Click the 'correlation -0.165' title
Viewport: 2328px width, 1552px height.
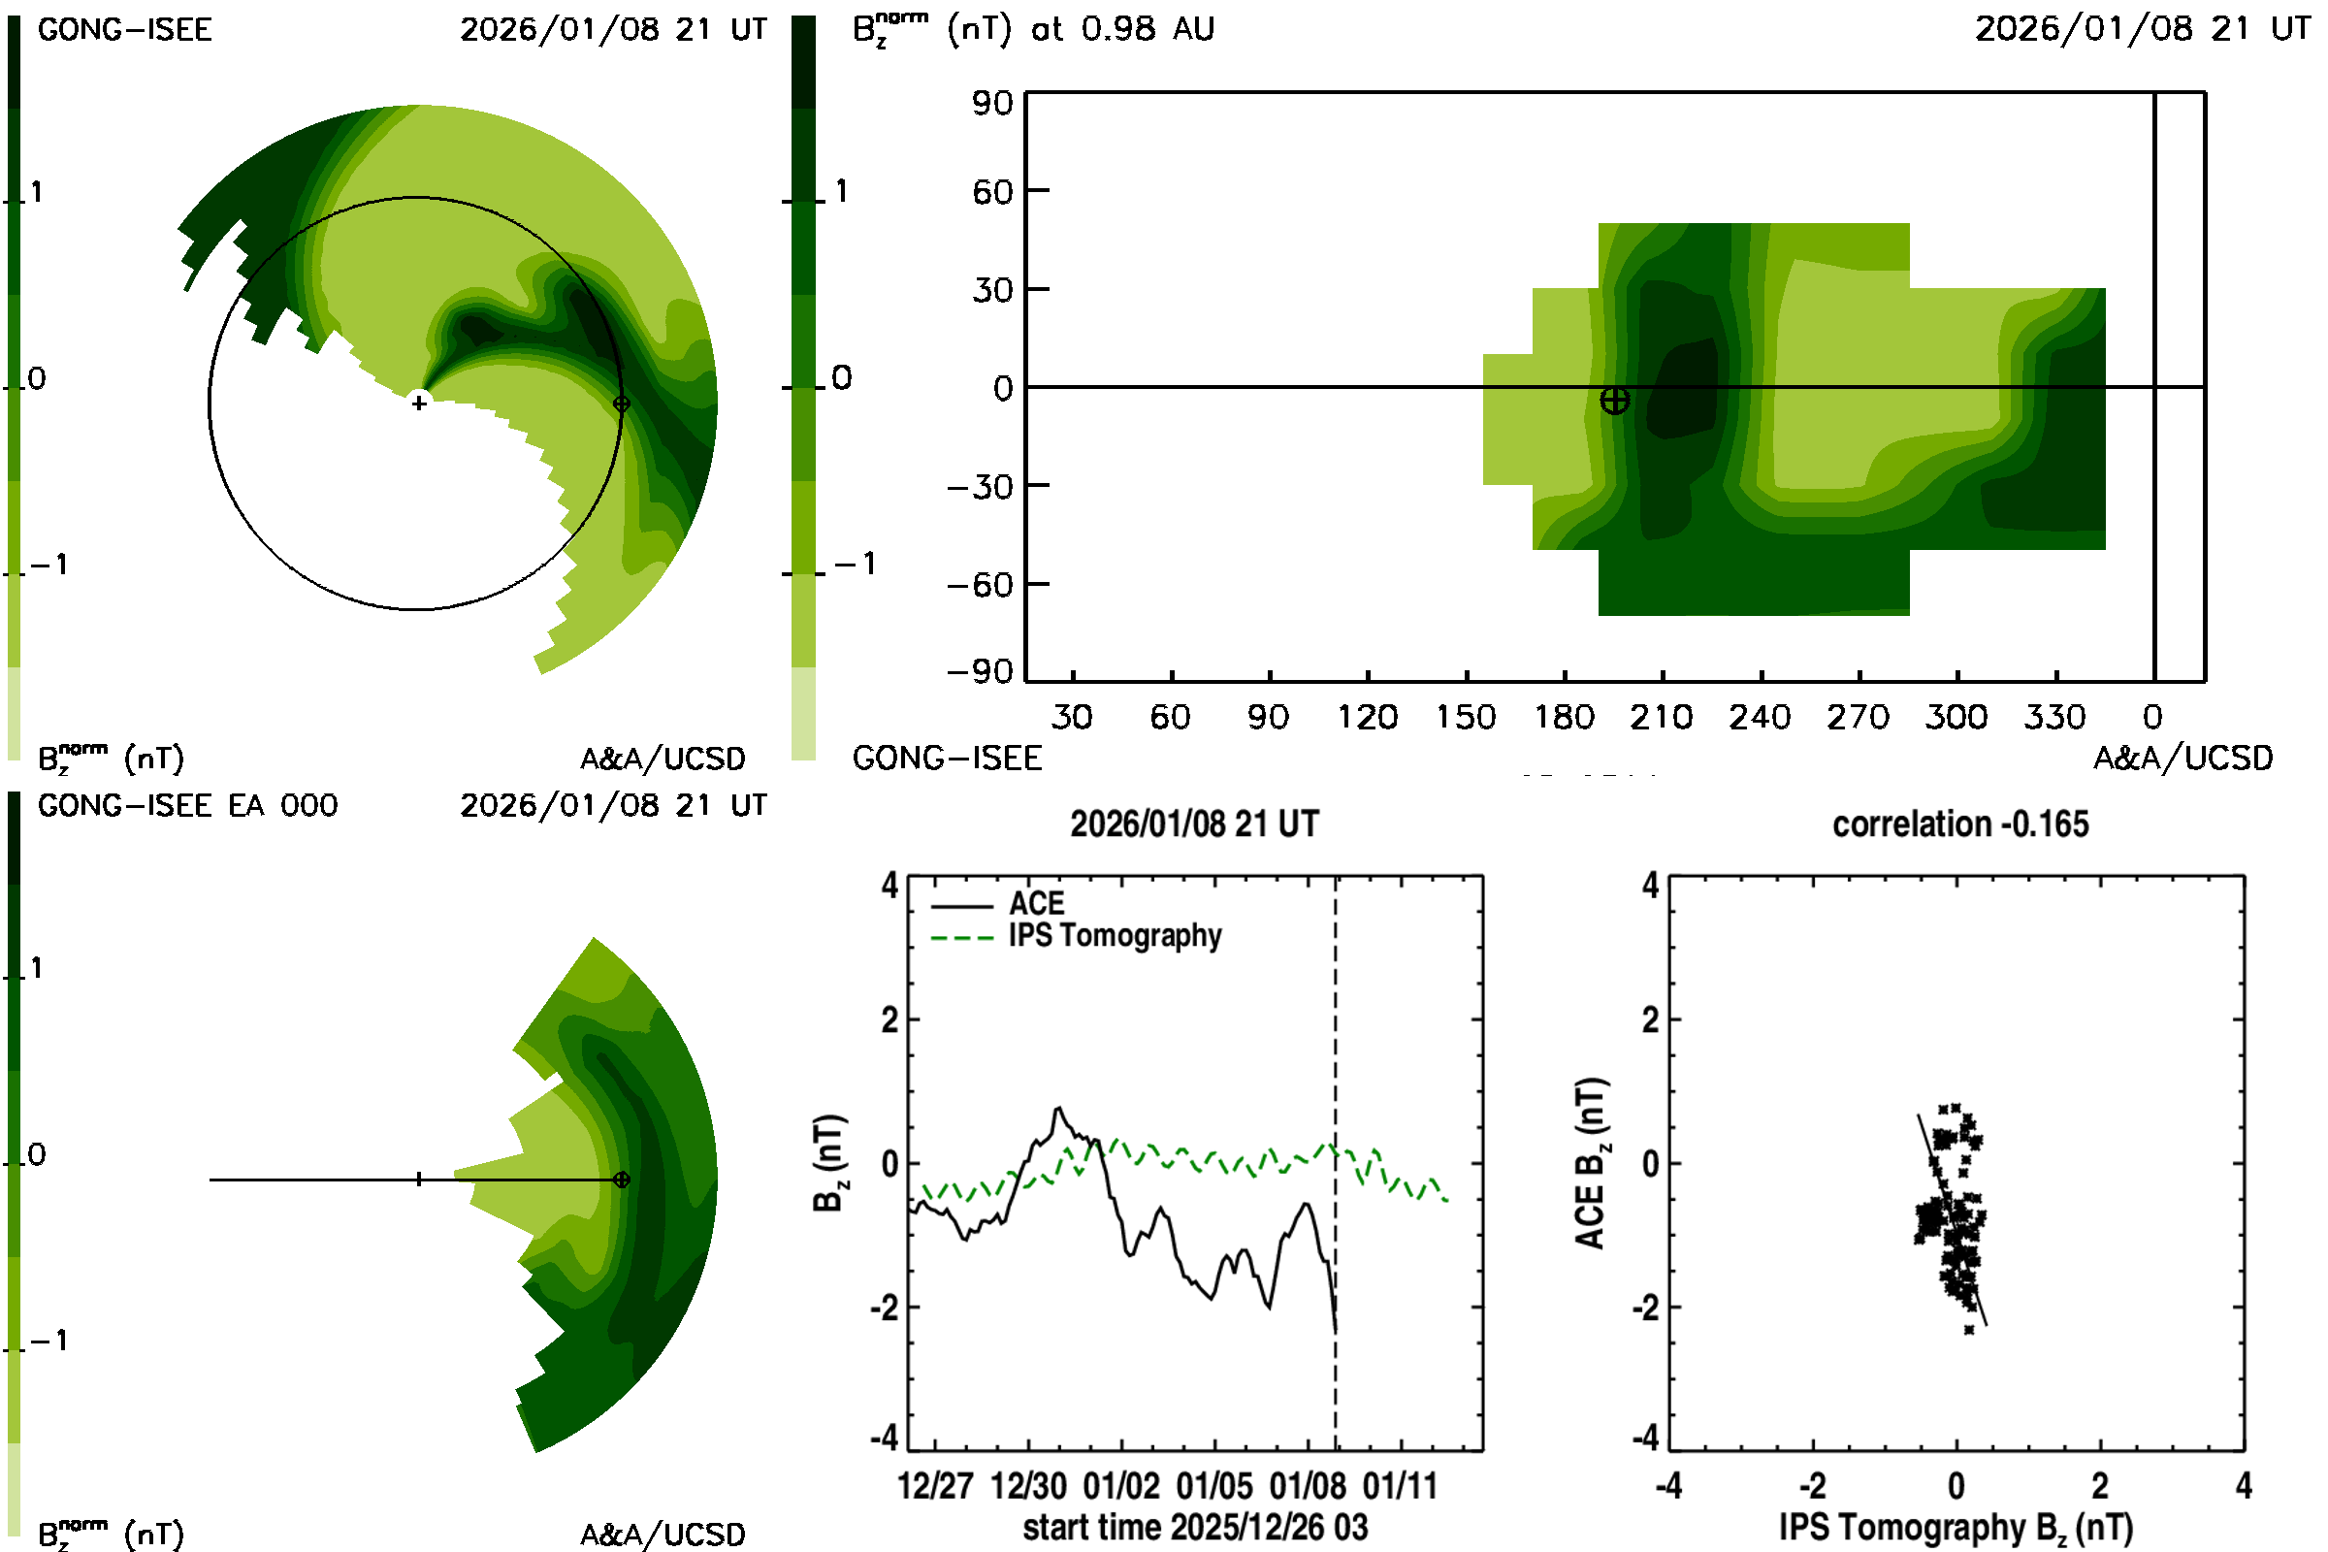pyautogui.click(x=1959, y=824)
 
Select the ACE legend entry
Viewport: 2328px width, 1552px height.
pyautogui.click(x=1035, y=904)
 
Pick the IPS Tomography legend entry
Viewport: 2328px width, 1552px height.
pyautogui.click(x=1115, y=935)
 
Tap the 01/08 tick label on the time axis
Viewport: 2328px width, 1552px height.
pyautogui.click(x=1308, y=1486)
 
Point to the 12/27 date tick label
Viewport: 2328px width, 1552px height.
pyautogui.click(x=935, y=1486)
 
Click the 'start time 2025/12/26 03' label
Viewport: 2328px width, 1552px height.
pyautogui.click(x=1195, y=1527)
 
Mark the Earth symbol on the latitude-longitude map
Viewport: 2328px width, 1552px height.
pyautogui.click(x=1614, y=401)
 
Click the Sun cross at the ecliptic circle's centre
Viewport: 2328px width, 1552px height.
pyautogui.click(x=420, y=403)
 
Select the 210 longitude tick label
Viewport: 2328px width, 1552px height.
pyautogui.click(x=1662, y=717)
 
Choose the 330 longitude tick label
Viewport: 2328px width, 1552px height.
pyautogui.click(x=2054, y=717)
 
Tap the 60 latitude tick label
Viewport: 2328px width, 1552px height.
pyautogui.click(x=991, y=191)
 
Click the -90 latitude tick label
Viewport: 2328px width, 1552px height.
pyautogui.click(x=980, y=672)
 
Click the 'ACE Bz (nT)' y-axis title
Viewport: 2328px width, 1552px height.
pyautogui.click(x=1590, y=1163)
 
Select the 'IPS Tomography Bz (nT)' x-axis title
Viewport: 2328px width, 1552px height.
pyautogui.click(x=1956, y=1527)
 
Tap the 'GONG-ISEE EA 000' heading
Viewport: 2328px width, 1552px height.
pyautogui.click(x=187, y=806)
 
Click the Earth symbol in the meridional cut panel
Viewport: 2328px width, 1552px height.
pyautogui.click(x=622, y=1180)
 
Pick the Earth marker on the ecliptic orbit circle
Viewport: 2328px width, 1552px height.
pyautogui.click(x=622, y=404)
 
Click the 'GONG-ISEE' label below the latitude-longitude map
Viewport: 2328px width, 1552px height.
pyautogui.click(x=948, y=759)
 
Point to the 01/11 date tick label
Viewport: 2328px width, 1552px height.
pyautogui.click(x=1401, y=1486)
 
